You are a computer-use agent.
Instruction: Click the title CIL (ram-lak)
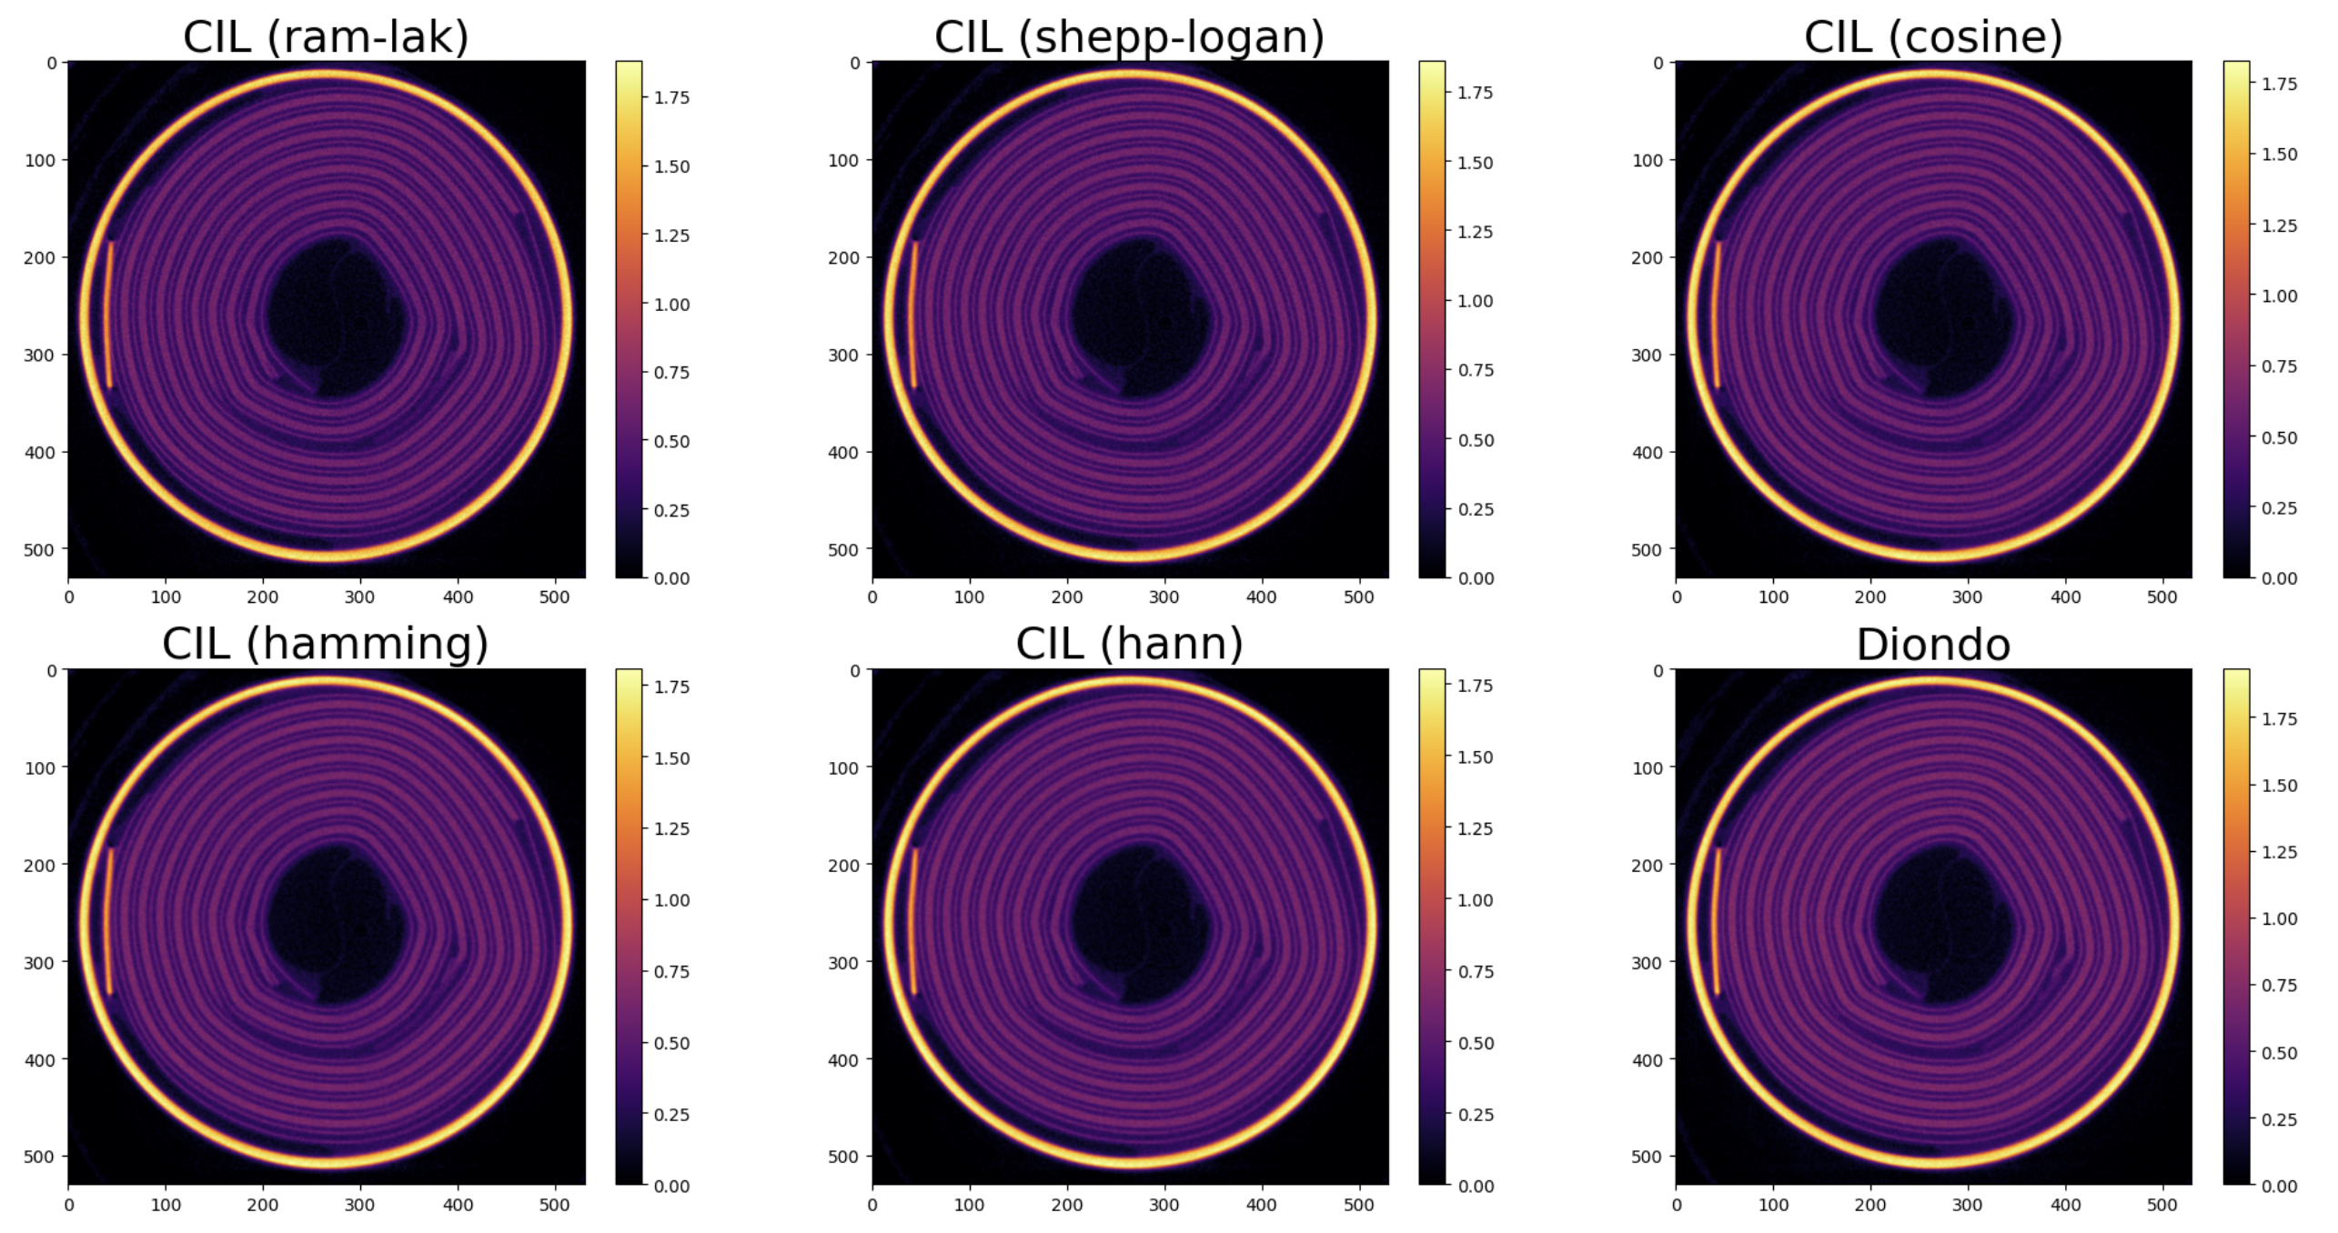326,37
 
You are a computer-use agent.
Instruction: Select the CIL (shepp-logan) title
1129,37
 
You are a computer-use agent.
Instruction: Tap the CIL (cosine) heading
1933,37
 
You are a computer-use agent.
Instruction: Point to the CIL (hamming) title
326,644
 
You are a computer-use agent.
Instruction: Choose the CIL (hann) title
1129,644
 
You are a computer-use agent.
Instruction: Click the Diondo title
1933,645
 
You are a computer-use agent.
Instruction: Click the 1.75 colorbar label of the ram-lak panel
671,98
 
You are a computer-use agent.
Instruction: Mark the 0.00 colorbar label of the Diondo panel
2279,1186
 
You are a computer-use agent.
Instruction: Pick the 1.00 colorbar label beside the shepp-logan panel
1475,301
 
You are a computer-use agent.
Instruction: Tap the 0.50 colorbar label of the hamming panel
671,1043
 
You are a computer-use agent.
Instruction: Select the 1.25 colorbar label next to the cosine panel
2279,226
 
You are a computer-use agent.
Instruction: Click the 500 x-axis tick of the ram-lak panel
554,597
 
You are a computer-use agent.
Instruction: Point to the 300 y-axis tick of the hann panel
843,962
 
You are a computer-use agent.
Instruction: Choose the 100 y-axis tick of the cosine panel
1647,160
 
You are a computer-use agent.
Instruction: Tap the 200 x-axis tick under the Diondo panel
1870,1205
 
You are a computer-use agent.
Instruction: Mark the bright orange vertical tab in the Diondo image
1717,921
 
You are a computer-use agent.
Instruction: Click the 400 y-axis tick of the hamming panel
40,1059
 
